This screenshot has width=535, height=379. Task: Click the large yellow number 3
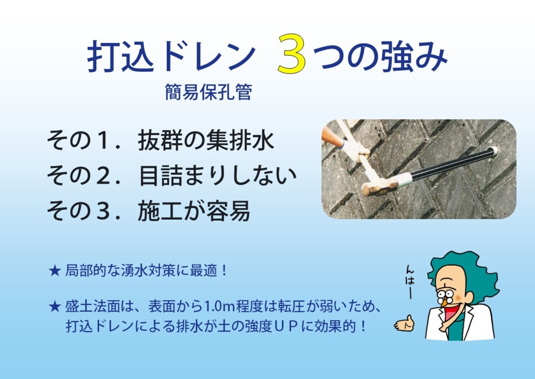point(292,54)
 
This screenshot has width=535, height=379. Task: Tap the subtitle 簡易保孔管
point(208,93)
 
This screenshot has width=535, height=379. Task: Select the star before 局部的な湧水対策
point(55,271)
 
